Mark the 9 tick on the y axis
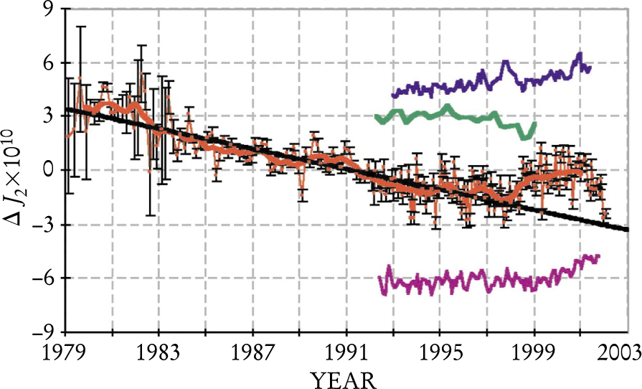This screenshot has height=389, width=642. click(x=50, y=10)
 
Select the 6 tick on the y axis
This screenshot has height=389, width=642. click(x=50, y=63)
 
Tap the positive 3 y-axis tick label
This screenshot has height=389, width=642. click(x=50, y=117)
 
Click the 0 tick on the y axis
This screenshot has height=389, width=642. click(x=50, y=171)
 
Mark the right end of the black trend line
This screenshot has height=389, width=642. click(x=627, y=230)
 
